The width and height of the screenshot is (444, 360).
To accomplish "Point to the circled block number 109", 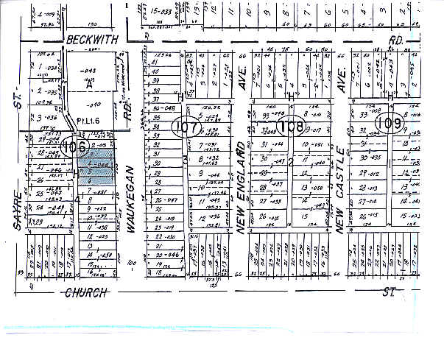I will pyautogui.click(x=388, y=122).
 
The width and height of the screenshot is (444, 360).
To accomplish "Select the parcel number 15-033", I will pyautogui.click(x=163, y=12).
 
